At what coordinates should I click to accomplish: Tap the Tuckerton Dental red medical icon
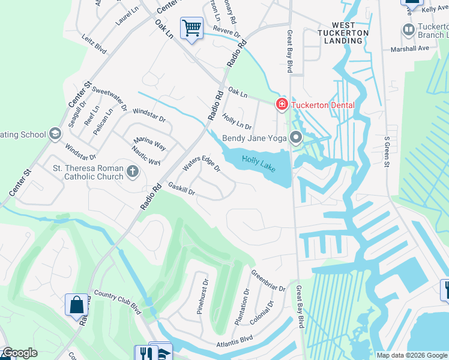(282, 105)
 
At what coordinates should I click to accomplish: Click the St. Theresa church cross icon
(132, 173)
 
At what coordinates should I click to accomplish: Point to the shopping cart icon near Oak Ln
(191, 28)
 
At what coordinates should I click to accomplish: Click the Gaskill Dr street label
(182, 190)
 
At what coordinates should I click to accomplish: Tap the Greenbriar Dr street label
(268, 280)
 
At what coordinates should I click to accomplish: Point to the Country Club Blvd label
(117, 301)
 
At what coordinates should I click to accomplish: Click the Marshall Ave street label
(410, 49)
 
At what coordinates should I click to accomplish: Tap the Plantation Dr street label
(242, 307)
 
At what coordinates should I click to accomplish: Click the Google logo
(19, 353)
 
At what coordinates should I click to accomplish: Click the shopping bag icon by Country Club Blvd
(77, 304)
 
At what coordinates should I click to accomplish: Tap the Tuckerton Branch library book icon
(409, 29)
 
